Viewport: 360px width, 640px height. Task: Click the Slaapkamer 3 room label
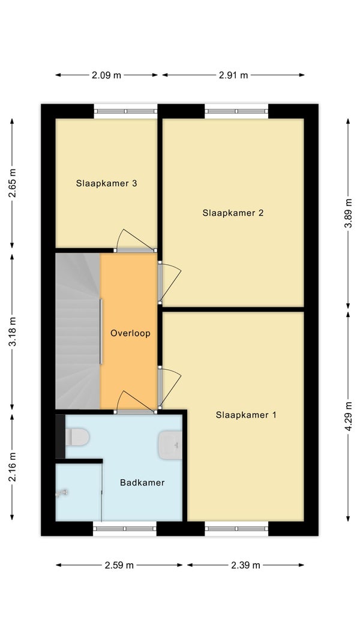coord(106,184)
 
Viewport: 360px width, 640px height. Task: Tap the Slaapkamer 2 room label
coord(233,213)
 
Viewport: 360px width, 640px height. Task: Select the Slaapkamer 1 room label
coord(246,415)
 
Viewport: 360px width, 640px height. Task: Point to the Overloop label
coord(130,333)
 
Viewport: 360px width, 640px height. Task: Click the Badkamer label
coord(142,483)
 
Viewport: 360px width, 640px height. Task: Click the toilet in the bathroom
coord(77,436)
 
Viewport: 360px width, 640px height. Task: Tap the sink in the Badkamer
coord(170,445)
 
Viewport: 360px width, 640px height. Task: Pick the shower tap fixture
coord(61,493)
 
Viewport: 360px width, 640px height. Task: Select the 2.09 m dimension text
coord(106,75)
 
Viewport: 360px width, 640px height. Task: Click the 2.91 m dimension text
coord(233,75)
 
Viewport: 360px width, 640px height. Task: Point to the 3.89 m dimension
coord(348,214)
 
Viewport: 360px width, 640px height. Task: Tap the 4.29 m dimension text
coord(348,417)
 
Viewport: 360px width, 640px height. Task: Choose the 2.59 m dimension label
coord(119,566)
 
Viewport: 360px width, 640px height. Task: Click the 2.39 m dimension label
coord(245,566)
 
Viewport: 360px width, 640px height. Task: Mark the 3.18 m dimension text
coord(13,331)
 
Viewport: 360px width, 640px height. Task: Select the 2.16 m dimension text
coord(13,467)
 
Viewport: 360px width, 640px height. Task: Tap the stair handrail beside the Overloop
coord(101,331)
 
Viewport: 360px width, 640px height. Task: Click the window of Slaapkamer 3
coord(125,111)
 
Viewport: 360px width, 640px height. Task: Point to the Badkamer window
coord(125,528)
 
